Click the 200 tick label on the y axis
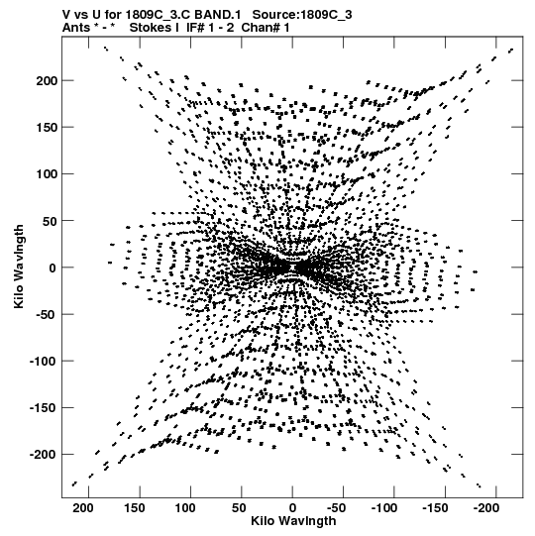click(47, 81)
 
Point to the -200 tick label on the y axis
click(44, 455)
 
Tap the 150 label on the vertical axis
click(47, 128)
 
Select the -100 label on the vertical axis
click(44, 362)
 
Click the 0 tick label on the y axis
click(53, 268)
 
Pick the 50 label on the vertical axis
click(50, 221)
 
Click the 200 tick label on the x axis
click(83, 508)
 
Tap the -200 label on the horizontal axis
click(486, 508)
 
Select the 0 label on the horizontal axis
click(292, 508)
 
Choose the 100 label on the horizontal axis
click(185, 508)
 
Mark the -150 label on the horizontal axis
click(435, 508)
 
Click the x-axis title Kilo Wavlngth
click(293, 521)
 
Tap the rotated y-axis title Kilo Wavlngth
click(19, 267)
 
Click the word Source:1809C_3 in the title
click(302, 15)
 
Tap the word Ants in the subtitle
click(76, 28)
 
